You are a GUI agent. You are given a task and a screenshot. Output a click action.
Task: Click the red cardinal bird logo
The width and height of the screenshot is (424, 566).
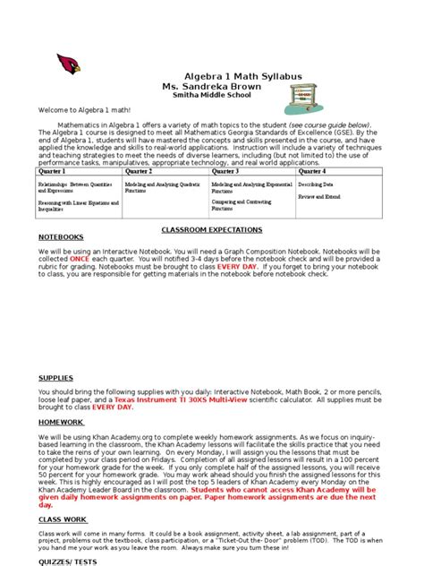pyautogui.click(x=68, y=64)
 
